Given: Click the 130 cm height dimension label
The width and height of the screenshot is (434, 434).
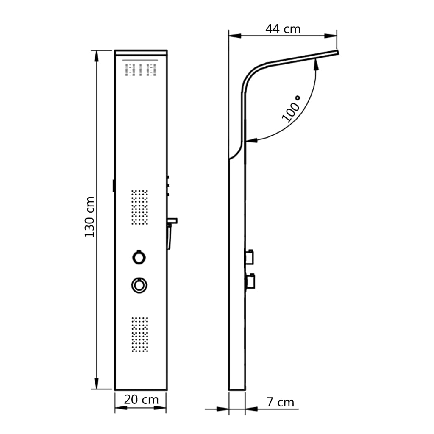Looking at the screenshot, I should (89, 217).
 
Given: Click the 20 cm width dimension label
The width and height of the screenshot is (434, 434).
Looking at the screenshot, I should (141, 399).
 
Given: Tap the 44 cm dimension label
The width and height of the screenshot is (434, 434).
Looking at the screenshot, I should (283, 29).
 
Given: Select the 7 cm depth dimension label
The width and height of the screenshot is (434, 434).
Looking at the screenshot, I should (280, 402).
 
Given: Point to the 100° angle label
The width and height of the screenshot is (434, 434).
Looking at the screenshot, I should (291, 109).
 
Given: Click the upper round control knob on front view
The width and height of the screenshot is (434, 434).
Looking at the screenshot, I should (139, 257).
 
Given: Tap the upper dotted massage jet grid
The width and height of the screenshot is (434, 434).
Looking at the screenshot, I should (139, 207).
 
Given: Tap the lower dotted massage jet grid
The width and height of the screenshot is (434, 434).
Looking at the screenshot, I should (139, 334).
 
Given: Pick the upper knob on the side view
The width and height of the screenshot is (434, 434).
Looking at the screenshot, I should (249, 256).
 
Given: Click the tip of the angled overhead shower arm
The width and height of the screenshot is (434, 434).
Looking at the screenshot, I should (338, 53).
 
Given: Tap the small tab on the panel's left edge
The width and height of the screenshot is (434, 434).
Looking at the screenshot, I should (114, 186).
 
